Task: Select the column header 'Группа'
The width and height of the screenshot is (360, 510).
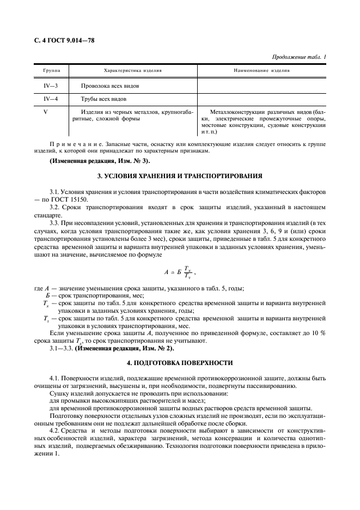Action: coord(52,71)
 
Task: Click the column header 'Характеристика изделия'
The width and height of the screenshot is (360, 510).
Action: coord(132,71)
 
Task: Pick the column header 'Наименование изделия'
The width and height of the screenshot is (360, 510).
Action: coord(261,71)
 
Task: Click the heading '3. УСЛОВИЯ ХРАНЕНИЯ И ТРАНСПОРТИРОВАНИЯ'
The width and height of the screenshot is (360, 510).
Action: coord(180,177)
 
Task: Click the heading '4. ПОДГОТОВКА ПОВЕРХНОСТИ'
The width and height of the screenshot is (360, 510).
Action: coord(180,362)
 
